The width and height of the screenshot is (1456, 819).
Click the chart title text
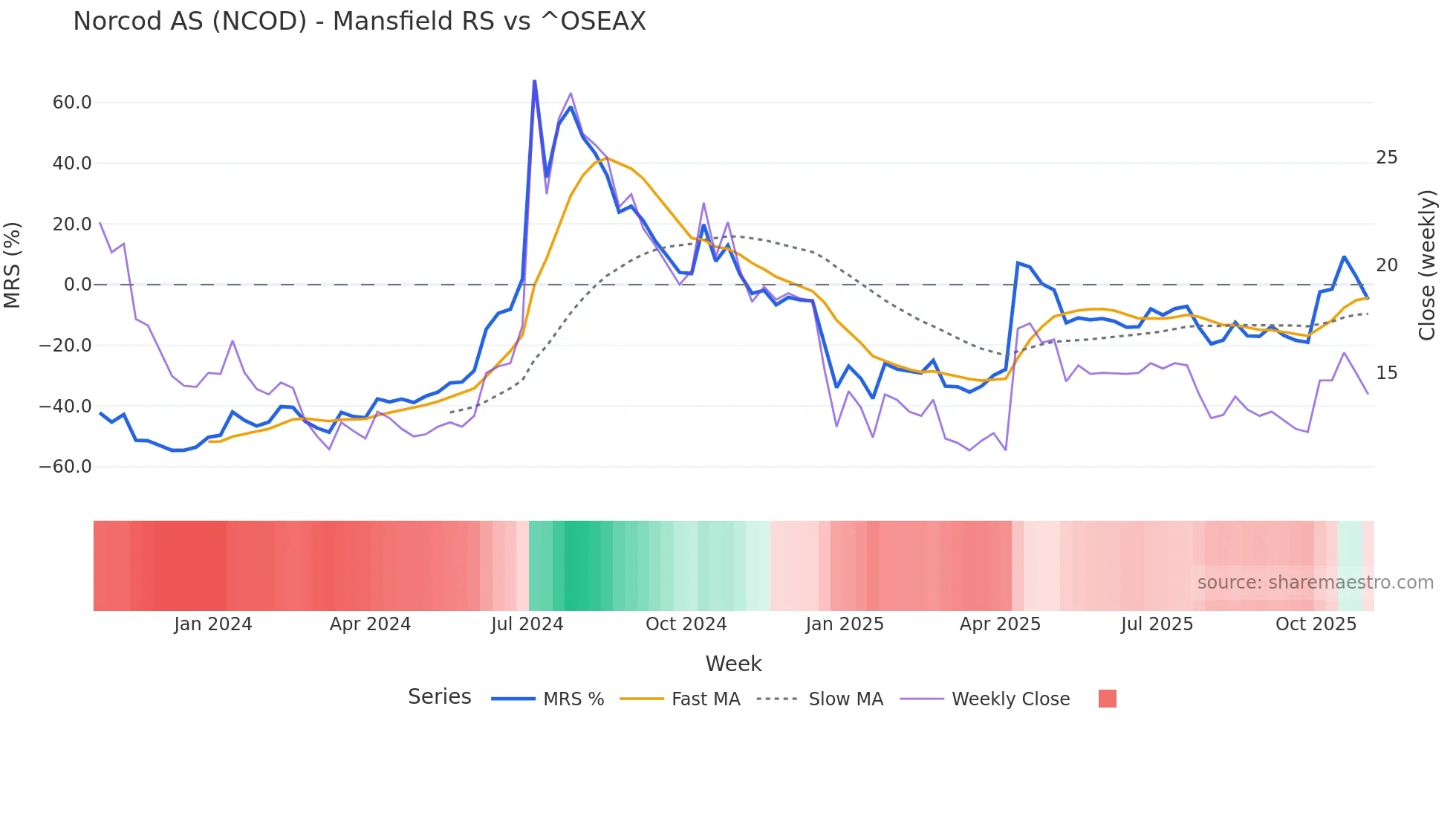tap(360, 21)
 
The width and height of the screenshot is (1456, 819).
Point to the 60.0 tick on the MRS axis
tap(72, 103)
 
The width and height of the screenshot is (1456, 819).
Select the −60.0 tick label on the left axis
tap(65, 467)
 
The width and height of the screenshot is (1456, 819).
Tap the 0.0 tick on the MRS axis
tap(78, 285)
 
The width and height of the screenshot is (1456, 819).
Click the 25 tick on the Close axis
tap(1386, 158)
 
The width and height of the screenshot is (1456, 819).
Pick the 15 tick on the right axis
tap(1386, 373)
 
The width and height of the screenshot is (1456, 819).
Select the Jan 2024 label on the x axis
tap(213, 624)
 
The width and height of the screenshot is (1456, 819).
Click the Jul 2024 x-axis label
tap(527, 624)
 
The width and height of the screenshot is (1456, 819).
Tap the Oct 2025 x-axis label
tap(1316, 624)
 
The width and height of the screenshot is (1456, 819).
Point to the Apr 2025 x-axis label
tap(1000, 624)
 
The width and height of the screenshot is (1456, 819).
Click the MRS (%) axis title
tap(13, 265)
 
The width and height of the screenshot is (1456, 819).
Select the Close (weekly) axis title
tap(1427, 265)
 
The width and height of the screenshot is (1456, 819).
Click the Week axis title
tap(733, 664)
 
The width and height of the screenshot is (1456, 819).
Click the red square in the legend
tap(1107, 699)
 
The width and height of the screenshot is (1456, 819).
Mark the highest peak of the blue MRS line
tap(534, 81)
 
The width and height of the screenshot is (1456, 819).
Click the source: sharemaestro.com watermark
tap(1315, 583)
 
